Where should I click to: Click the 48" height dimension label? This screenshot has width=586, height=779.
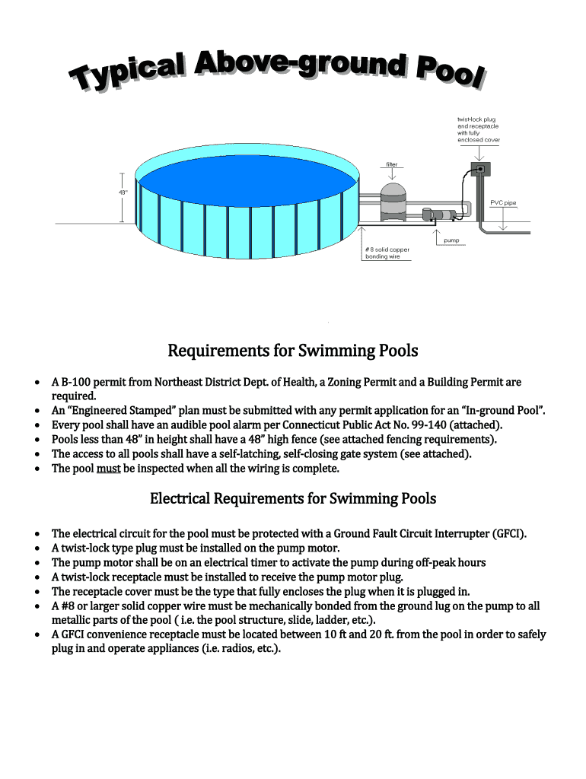[x=122, y=192]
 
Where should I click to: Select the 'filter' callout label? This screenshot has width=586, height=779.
[x=391, y=164]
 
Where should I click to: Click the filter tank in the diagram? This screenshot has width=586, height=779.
[x=393, y=201]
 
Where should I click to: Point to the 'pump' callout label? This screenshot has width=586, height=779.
[x=452, y=240]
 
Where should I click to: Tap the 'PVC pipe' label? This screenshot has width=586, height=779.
[x=503, y=203]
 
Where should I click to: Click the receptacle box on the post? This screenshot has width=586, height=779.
[x=479, y=168]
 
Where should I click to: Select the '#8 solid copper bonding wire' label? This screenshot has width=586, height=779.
[x=387, y=253]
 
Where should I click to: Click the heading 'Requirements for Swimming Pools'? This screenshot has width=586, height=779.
[x=293, y=351]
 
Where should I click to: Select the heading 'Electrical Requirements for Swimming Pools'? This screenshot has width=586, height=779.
[x=293, y=498]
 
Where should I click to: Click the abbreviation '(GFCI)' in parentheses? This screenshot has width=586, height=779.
[x=505, y=533]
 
